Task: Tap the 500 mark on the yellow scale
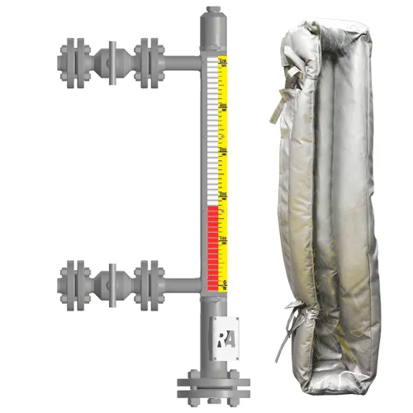pos(222,62)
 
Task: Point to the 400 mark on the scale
pos(222,107)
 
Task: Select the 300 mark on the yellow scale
pos(222,150)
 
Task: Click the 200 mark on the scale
pos(222,194)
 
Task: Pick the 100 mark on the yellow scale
pos(222,238)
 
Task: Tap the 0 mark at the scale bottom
pos(225,282)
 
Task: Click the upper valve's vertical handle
pos(108,58)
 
